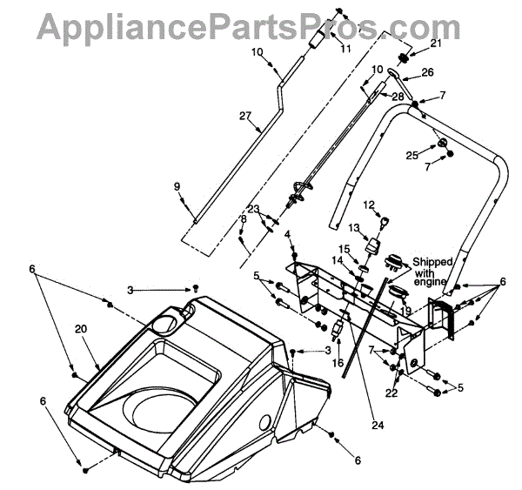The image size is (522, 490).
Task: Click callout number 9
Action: pyautogui.click(x=177, y=186)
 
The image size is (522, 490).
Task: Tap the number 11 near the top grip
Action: pyautogui.click(x=346, y=49)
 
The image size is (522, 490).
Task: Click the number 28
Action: pyautogui.click(x=397, y=95)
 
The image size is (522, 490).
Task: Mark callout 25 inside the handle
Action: pyautogui.click(x=412, y=155)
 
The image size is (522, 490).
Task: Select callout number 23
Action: pyautogui.click(x=253, y=208)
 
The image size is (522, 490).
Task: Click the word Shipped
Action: pyautogui.click(x=432, y=260)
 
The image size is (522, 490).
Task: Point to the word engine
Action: pyautogui.click(x=432, y=281)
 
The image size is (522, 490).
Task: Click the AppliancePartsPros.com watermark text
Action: pyautogui.click(x=260, y=26)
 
